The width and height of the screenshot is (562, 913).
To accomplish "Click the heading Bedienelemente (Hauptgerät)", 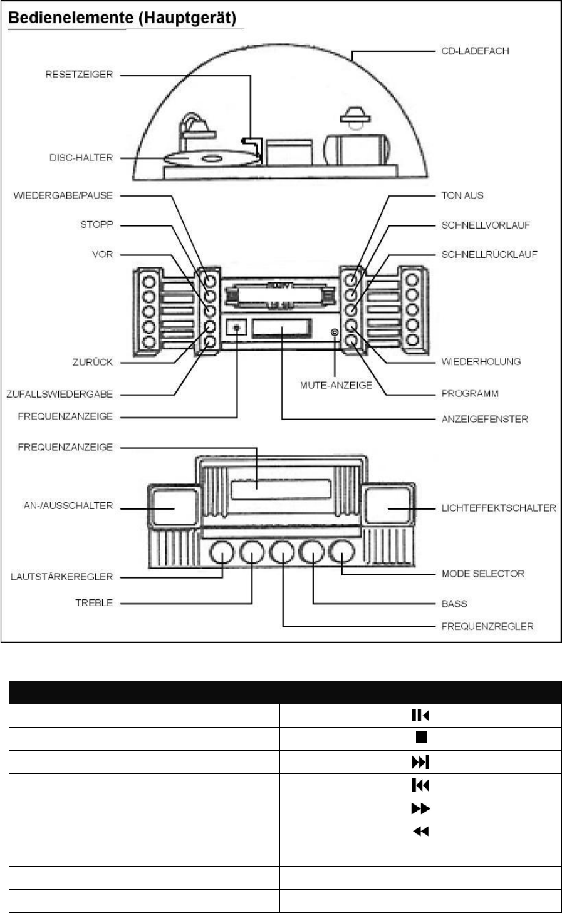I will pos(121,19).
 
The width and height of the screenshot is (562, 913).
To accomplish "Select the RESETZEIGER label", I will pos(79,75).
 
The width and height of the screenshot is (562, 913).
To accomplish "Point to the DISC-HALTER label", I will pos(81,158).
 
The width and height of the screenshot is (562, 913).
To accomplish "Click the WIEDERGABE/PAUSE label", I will pos(63,195).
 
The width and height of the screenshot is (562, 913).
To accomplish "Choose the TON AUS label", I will pos(462,195).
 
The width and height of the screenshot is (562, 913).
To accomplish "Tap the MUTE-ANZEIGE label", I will pos(336,385).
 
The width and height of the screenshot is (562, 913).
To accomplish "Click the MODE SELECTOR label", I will pos(483,573).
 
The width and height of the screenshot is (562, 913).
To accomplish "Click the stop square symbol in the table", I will pos(420,738).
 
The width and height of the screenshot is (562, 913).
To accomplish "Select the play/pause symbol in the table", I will pos(420,714).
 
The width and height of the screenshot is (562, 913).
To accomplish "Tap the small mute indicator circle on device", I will pos(335,331).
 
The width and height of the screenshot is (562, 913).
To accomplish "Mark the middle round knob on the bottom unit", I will pos(283,553).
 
